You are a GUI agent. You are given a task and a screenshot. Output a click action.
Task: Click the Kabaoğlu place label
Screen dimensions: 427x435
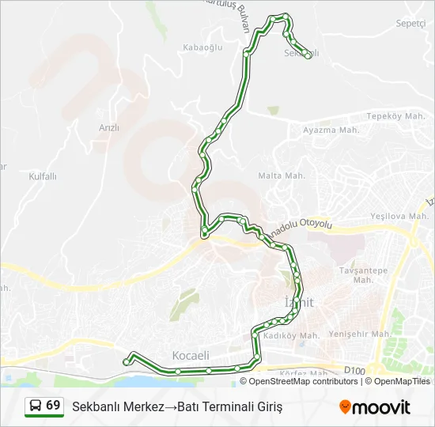[199, 47]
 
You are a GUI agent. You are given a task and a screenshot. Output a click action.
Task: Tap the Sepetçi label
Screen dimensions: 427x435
[410, 24]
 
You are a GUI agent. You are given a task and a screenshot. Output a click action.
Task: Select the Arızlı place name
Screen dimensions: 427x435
[109, 127]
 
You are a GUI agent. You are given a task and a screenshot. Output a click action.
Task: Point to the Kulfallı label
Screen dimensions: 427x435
[43, 176]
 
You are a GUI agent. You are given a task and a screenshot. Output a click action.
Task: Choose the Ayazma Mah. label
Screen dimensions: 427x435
[331, 130]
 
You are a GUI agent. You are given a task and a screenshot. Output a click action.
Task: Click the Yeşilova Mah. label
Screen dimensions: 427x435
[399, 216]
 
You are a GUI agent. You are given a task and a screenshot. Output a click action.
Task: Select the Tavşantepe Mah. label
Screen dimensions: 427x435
[364, 274]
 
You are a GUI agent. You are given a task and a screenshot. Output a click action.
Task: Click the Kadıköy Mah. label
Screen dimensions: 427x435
[290, 336]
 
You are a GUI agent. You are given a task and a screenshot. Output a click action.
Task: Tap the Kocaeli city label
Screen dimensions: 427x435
[191, 356]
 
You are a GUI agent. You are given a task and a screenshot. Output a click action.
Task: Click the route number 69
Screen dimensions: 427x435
[53, 406]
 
